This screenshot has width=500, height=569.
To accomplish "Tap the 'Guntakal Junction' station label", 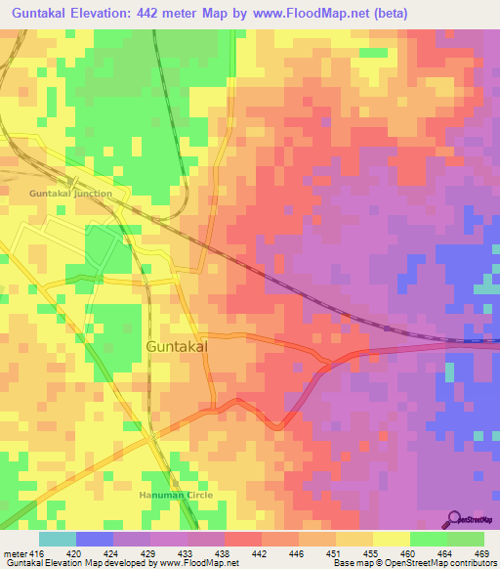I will pyautogui.click(x=70, y=194).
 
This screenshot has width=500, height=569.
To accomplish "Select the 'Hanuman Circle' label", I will pyautogui.click(x=176, y=496).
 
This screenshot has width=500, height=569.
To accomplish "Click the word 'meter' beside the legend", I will pyautogui.click(x=16, y=552).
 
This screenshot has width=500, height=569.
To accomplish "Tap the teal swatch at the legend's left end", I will pyautogui.click(x=57, y=539).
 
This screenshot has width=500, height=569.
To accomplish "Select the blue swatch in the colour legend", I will pyautogui.click(x=94, y=539).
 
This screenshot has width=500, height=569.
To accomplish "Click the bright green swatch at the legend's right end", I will pyautogui.click(x=465, y=539).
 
